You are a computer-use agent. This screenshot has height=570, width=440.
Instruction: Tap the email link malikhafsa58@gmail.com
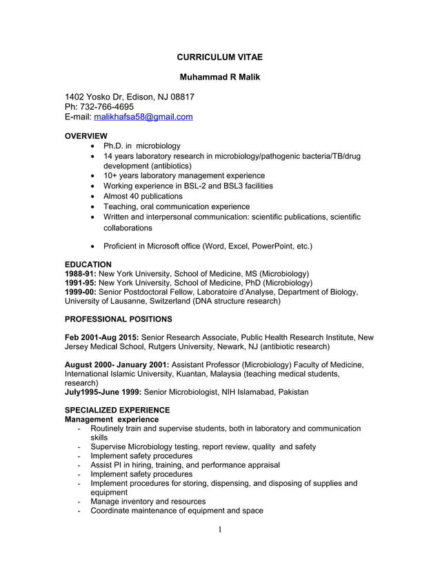click(x=143, y=118)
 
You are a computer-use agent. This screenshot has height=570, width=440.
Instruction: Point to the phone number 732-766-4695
click(x=108, y=107)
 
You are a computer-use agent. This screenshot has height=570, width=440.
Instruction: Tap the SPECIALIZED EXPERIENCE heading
click(x=117, y=410)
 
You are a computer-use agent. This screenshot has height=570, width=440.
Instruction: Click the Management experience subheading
click(x=111, y=419)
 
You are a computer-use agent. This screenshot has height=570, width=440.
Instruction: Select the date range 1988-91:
click(x=81, y=273)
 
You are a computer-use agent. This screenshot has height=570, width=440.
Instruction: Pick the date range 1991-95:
click(x=81, y=283)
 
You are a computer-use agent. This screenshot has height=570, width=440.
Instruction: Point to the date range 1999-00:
click(x=81, y=292)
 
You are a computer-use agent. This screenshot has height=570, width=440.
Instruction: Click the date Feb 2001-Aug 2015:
click(x=101, y=337)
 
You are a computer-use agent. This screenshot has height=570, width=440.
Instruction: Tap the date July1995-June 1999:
click(x=103, y=392)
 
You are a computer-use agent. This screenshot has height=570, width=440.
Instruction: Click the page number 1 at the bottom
click(x=219, y=530)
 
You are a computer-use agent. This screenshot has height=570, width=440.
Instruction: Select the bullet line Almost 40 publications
click(x=146, y=196)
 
